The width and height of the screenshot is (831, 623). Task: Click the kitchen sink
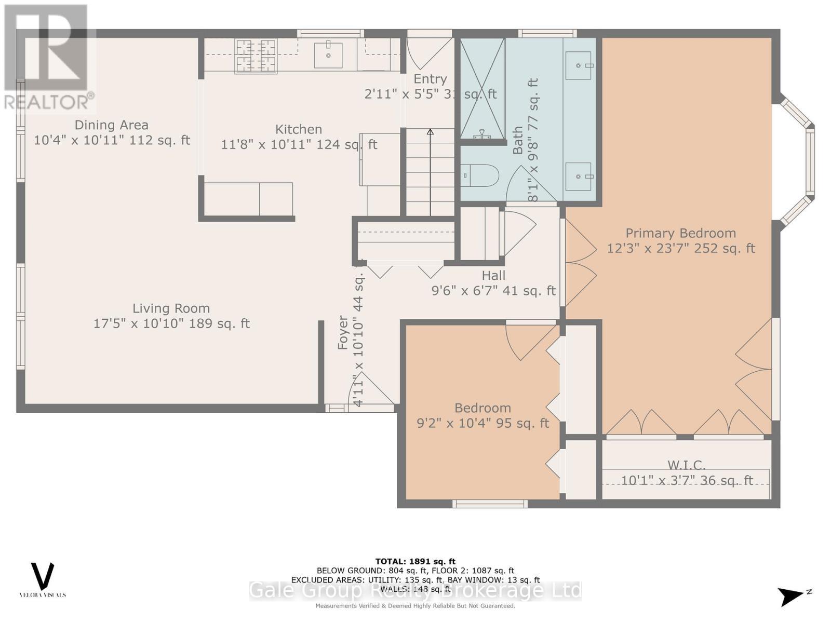tap(328, 56)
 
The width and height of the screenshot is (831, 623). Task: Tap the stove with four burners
tap(256, 56)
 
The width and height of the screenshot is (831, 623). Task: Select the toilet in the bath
tap(479, 175)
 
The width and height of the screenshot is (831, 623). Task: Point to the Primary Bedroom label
tap(680, 233)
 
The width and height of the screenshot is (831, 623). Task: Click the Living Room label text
tap(171, 308)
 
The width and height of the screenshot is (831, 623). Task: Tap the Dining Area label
tap(111, 125)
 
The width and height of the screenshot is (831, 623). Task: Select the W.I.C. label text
tap(686, 465)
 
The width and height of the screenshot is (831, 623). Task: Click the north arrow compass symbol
tap(792, 596)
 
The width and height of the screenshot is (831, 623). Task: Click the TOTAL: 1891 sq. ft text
tap(415, 561)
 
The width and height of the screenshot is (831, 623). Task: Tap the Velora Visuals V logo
tap(43, 576)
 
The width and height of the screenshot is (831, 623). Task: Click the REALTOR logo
tap(49, 57)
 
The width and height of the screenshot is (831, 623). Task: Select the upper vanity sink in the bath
tap(578, 65)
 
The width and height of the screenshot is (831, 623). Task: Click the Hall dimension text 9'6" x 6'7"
tap(493, 291)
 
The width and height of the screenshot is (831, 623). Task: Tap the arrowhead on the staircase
tap(430, 132)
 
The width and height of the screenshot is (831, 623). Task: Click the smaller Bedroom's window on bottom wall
tap(490, 503)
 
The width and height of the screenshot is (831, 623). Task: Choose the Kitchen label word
tap(298, 129)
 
